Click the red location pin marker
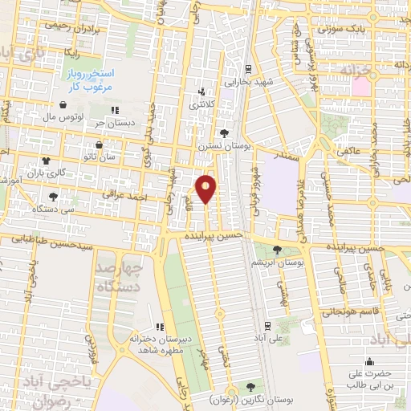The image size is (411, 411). click(x=207, y=188)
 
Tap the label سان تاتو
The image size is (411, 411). click(x=107, y=157)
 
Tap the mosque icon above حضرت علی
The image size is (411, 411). click(x=369, y=361)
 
